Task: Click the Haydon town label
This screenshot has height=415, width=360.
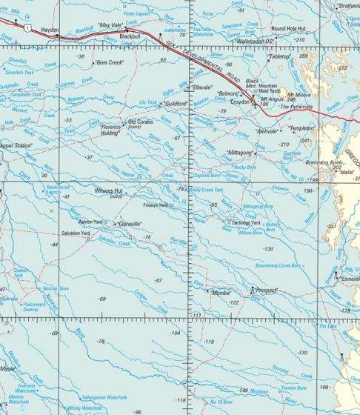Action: (50, 30)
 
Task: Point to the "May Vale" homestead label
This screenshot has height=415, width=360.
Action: (110, 24)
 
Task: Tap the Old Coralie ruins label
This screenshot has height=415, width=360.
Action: (144, 122)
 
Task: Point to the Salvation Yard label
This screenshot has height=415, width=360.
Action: (76, 233)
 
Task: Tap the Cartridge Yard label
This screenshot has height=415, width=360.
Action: (246, 222)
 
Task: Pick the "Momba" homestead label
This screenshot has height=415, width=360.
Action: (222, 293)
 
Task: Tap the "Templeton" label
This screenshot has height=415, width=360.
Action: (302, 128)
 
